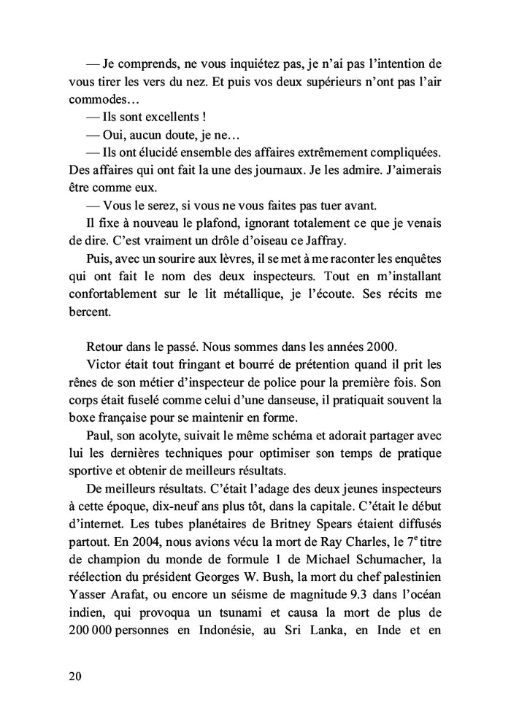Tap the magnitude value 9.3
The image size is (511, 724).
(350, 616)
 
